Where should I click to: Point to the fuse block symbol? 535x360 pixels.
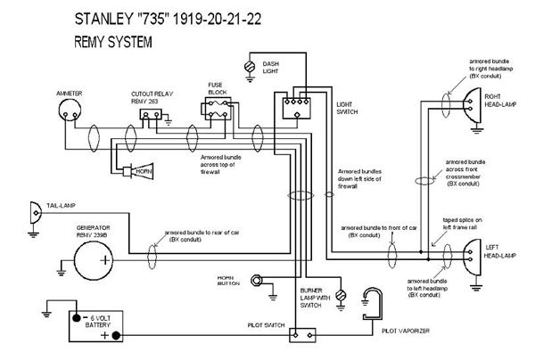[x=217, y=110]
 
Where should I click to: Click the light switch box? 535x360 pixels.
[x=294, y=108]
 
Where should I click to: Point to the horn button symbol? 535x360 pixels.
[x=259, y=283]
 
